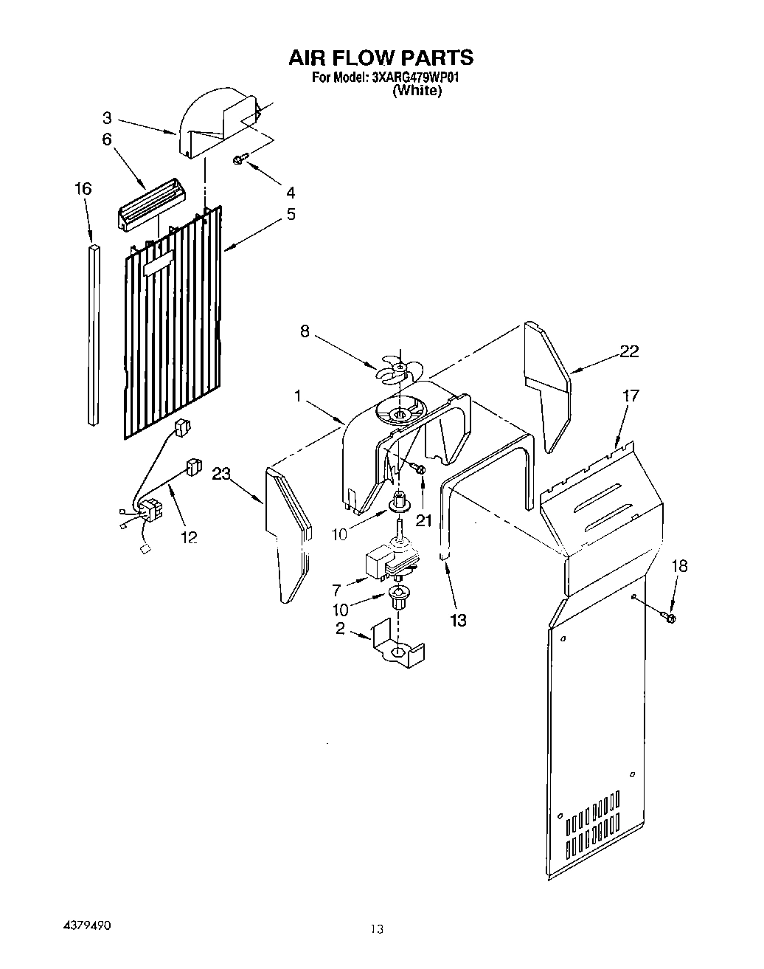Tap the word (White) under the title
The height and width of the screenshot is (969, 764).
click(417, 91)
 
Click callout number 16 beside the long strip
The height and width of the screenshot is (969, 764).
click(83, 189)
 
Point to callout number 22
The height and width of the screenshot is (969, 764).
click(628, 351)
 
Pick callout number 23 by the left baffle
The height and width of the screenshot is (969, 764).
click(222, 475)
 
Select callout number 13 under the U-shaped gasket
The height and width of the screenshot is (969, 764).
click(458, 620)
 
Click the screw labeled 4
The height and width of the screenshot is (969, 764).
click(240, 158)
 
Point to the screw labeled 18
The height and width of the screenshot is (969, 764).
click(669, 616)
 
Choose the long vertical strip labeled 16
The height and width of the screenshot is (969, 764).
click(93, 336)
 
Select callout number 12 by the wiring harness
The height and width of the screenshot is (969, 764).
click(189, 538)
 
